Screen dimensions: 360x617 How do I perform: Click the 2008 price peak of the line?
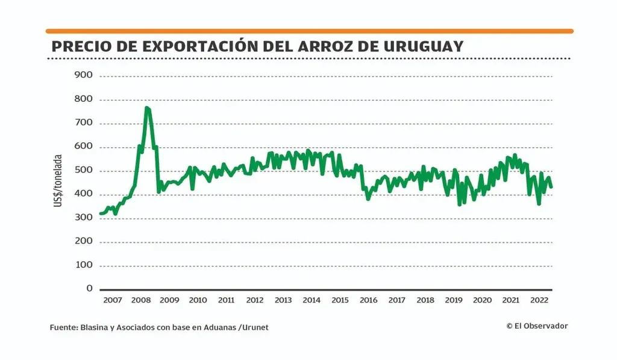tap(147, 108)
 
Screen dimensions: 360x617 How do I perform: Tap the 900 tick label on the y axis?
tap(83, 75)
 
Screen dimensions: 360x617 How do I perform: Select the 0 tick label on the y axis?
tap(89, 289)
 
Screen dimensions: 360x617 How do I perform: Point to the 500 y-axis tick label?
tap(83, 171)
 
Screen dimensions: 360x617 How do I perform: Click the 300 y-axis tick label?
tap(83, 218)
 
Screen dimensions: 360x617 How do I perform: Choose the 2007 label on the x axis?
tap(112, 300)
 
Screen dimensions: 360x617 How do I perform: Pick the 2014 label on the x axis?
tap(312, 300)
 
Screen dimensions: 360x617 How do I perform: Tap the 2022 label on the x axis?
tap(539, 300)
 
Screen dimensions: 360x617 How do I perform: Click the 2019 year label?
tap(454, 300)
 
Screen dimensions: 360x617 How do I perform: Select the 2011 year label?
tap(226, 300)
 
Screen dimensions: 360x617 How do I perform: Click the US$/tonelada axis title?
tap(58, 181)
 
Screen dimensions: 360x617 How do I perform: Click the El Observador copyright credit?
tap(537, 326)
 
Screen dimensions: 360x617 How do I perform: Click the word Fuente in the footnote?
tap(63, 327)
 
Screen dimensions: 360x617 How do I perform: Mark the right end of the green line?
tap(551, 187)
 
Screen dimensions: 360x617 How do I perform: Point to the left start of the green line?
tap(100, 213)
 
